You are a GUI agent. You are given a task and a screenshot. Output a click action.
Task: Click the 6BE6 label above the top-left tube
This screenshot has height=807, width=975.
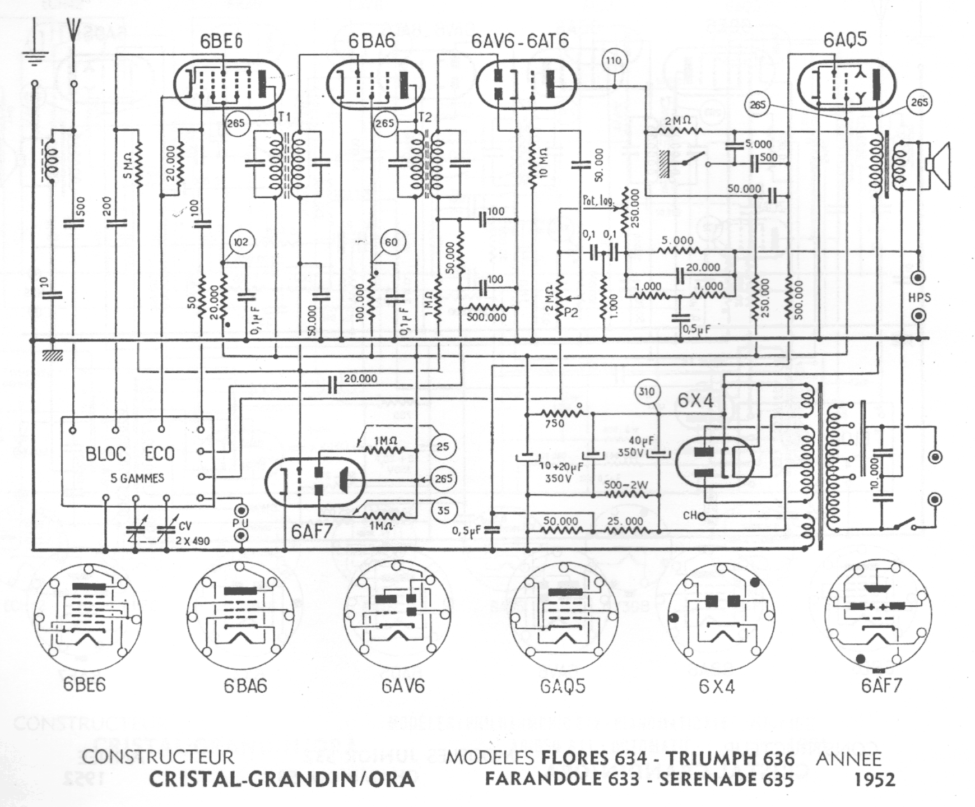click(221, 42)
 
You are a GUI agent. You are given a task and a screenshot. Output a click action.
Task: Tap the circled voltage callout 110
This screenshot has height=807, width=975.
click(614, 61)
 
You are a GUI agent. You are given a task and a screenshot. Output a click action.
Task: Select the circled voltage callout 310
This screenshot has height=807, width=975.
click(647, 392)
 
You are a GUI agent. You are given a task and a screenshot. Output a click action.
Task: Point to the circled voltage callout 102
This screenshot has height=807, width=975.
click(240, 242)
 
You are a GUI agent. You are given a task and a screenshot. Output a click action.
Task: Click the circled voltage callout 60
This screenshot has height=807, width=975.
click(391, 242)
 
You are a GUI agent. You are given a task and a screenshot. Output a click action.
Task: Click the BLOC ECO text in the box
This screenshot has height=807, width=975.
click(130, 453)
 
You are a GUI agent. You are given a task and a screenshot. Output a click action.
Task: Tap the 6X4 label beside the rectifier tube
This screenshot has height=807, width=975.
click(695, 401)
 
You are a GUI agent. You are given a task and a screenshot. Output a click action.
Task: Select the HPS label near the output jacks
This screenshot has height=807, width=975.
click(919, 298)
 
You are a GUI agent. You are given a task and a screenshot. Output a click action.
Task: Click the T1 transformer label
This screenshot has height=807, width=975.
click(285, 117)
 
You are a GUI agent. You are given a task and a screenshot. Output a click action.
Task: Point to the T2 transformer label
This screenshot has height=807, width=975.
click(425, 117)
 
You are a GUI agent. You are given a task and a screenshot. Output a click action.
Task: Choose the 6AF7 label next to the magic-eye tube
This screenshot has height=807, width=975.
click(311, 531)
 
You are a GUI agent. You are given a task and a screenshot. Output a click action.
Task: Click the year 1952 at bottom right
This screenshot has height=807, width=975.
click(875, 780)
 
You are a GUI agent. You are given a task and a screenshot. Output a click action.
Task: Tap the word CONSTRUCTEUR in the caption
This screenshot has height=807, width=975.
click(157, 757)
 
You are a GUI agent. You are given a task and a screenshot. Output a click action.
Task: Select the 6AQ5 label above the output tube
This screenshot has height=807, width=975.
click(845, 40)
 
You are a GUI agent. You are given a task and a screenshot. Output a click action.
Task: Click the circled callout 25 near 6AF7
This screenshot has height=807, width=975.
click(443, 447)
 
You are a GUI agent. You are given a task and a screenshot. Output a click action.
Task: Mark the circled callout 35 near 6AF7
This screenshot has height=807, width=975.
click(443, 510)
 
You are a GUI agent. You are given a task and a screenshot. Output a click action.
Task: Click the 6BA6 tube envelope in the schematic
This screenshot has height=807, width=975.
click(375, 85)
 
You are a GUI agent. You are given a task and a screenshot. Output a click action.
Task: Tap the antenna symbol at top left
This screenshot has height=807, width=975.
click(73, 34)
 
